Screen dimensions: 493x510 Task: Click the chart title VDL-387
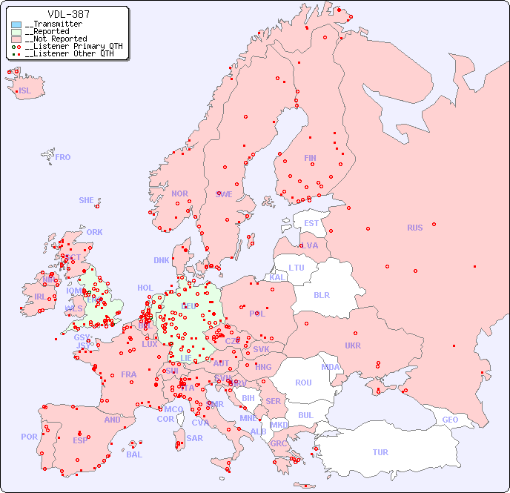point(68,14)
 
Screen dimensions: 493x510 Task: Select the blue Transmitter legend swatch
point(16,24)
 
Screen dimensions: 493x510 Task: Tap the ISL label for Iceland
point(25,91)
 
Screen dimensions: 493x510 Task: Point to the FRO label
point(63,157)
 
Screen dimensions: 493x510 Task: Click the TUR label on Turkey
point(380,452)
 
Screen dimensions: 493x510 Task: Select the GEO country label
point(450,420)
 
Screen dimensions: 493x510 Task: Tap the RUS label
point(414,228)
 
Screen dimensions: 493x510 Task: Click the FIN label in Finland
point(310,158)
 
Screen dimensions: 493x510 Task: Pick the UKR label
point(352,345)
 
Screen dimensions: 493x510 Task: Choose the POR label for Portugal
point(29,437)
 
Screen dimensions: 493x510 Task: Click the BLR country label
point(321,294)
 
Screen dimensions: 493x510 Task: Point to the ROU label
point(303,383)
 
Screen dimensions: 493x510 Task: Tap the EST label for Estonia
point(311,223)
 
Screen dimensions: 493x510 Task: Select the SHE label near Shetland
point(87,200)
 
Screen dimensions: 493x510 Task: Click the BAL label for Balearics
point(134,454)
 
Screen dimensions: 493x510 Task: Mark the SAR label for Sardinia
point(195,438)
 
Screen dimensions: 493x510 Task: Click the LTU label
point(297,268)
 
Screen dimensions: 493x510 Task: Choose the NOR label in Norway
point(179,193)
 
